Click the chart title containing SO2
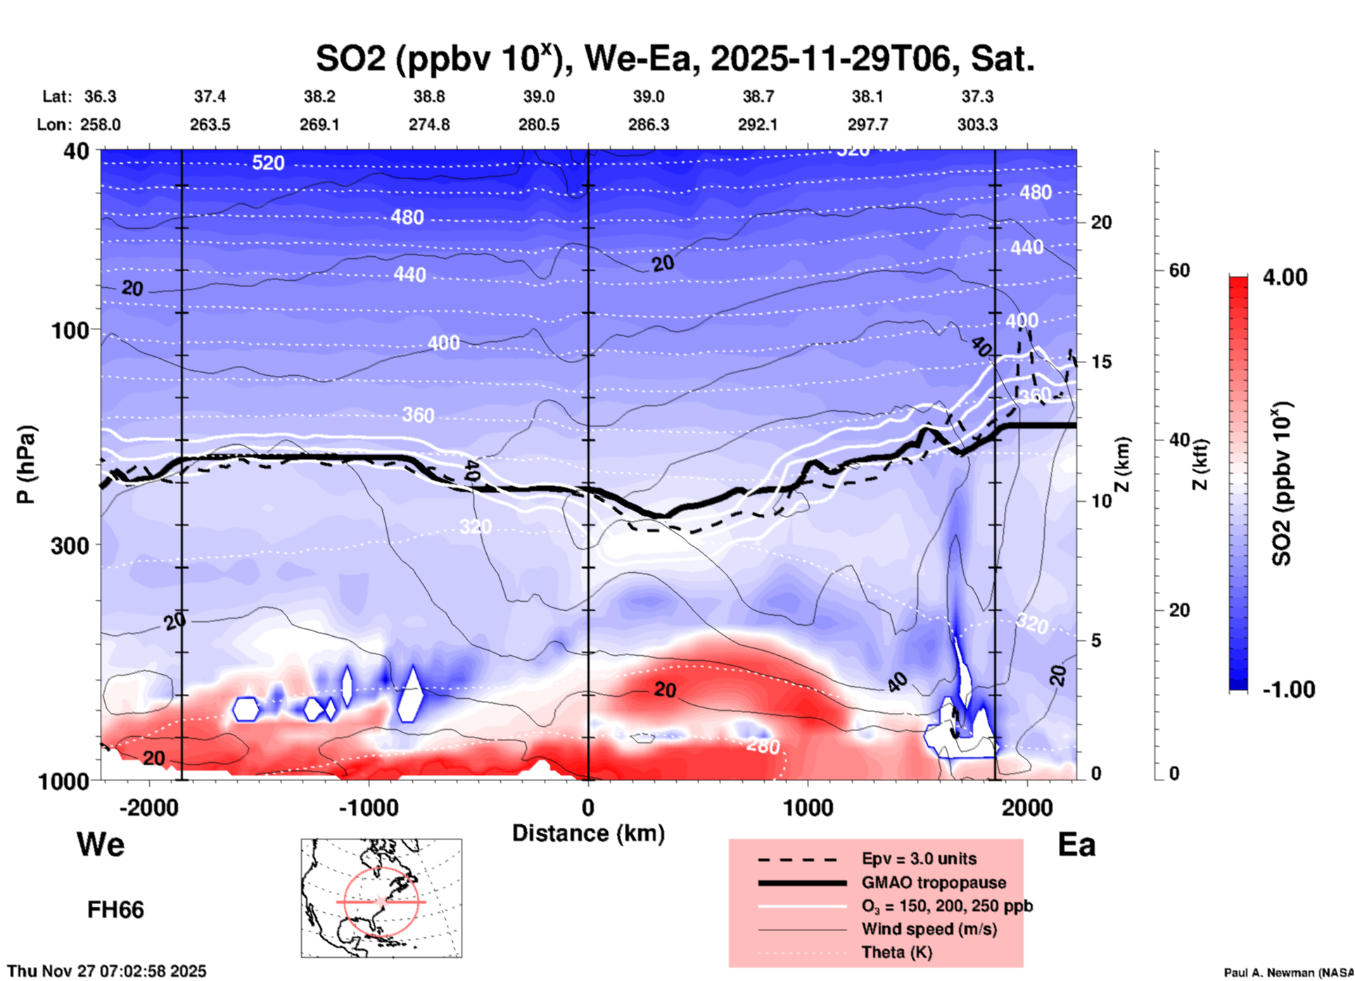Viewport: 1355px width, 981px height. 675,59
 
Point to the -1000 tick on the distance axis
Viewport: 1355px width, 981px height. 368,807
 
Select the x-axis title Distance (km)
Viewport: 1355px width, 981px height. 588,833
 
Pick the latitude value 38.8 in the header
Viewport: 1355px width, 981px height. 428,96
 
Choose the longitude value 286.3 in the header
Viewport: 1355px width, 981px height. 648,125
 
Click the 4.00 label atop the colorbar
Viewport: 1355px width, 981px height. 1285,277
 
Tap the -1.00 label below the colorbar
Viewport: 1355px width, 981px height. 1288,690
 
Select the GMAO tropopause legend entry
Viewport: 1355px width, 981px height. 934,882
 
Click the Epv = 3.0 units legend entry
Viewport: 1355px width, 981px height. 919,859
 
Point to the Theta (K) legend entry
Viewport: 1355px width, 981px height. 896,952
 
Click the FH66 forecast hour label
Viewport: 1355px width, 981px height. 115,910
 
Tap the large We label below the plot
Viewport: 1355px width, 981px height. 101,844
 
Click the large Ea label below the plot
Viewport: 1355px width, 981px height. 1076,845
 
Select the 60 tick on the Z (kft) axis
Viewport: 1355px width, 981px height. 1178,271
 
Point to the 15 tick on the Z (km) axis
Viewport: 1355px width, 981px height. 1101,362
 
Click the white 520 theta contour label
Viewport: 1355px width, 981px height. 268,163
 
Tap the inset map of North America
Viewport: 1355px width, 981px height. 381,897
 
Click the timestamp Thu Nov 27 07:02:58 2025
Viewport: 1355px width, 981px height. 108,971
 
